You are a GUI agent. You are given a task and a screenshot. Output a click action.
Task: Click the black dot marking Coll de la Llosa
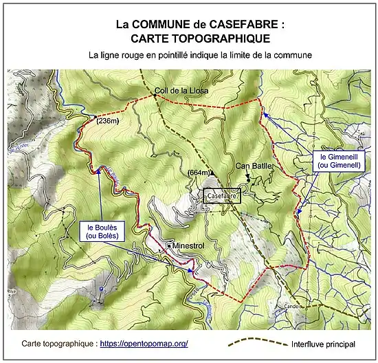click(155, 97)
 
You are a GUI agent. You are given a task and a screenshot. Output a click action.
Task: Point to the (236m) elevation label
click(108, 121)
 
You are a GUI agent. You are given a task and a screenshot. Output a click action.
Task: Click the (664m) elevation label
click(197, 173)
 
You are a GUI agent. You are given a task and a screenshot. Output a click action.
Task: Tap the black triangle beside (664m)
click(212, 173)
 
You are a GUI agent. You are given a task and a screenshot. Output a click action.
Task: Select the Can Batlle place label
click(254, 166)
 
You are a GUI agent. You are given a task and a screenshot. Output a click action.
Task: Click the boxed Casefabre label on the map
click(223, 196)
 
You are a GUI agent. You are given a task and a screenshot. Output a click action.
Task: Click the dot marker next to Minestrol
click(168, 245)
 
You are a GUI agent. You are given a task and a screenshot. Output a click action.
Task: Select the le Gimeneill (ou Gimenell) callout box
click(340, 161)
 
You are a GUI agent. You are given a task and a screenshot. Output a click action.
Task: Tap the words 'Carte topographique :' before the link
click(59, 343)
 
